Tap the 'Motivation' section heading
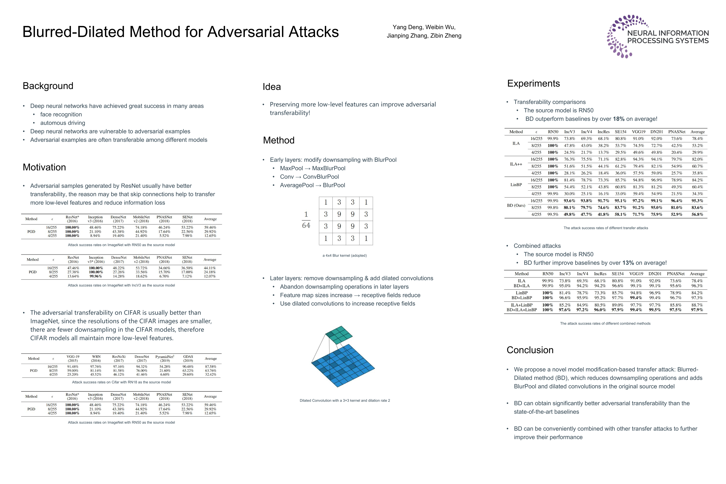pyautogui.click(x=44, y=167)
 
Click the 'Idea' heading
pyautogui.click(x=272, y=87)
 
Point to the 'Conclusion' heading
pyautogui.click(x=530, y=350)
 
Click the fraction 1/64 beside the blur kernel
pyautogui.click(x=306, y=220)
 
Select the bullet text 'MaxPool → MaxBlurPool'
pyautogui.click(x=312, y=168)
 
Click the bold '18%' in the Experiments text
pyautogui.click(x=619, y=119)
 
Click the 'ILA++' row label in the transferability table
pyautogui.click(x=516, y=164)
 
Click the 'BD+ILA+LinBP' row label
pyautogui.click(x=522, y=310)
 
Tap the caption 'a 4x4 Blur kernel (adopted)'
pyautogui.click(x=345, y=256)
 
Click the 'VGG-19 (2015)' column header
pyautogui.click(x=73, y=358)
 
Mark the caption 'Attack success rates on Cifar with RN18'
pyautogui.click(x=121, y=382)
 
